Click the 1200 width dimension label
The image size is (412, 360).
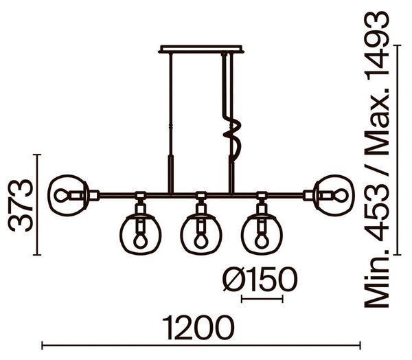click(x=198, y=328)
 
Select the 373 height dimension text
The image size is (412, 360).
click(x=21, y=205)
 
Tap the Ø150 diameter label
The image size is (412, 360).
click(x=260, y=280)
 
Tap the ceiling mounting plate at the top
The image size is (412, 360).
click(x=201, y=49)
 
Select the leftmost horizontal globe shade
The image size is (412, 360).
click(x=68, y=195)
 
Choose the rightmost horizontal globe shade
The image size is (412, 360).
click(x=334, y=195)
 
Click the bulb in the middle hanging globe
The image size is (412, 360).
click(x=201, y=240)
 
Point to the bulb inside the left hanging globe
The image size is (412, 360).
click(x=140, y=240)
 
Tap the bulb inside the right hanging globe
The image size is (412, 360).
click(x=262, y=240)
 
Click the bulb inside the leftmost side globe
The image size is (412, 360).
click(x=62, y=195)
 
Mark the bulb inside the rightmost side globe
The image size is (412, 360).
click(x=340, y=195)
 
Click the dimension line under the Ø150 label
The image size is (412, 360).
click(x=262, y=299)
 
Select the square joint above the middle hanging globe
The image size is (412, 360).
click(x=201, y=195)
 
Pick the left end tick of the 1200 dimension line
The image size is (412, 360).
click(x=43, y=346)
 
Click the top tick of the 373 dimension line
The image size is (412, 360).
click(x=37, y=155)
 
